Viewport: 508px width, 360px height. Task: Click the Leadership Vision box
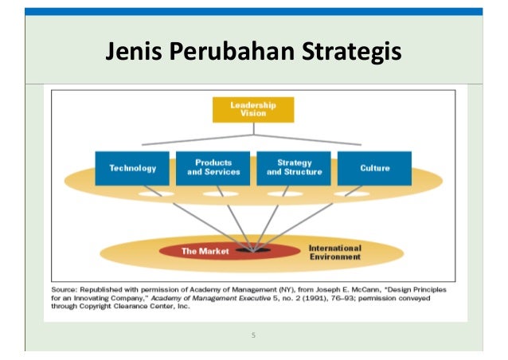pos(253,109)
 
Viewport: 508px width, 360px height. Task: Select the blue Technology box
pos(132,168)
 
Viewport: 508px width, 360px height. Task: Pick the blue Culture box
pos(374,168)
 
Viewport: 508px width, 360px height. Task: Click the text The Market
pos(205,251)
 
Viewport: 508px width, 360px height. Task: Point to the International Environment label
pos(334,252)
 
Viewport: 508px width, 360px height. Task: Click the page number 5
pos(253,335)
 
